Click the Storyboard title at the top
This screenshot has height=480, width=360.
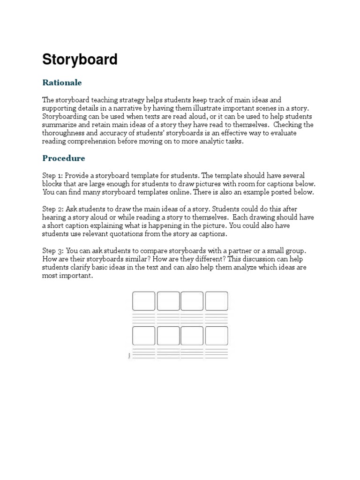pyautogui.click(x=80, y=60)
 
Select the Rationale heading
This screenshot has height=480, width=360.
pyautogui.click(x=62, y=82)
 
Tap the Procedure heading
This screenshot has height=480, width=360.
pyautogui.click(x=64, y=158)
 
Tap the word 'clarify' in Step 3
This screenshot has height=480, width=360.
pyautogui.click(x=82, y=268)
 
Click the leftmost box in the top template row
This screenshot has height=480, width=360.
pyautogui.click(x=143, y=301)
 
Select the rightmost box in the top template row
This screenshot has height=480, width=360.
pyautogui.click(x=217, y=301)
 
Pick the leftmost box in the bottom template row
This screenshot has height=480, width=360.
pyautogui.click(x=143, y=336)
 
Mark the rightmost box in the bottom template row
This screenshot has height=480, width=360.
pyautogui.click(x=217, y=336)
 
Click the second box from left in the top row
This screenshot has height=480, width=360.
pyautogui.click(x=168, y=301)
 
